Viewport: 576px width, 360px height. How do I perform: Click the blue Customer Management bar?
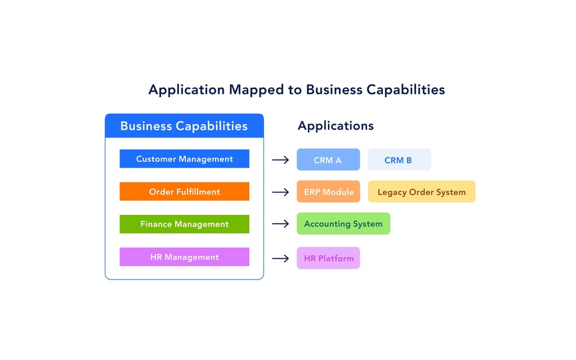click(x=184, y=159)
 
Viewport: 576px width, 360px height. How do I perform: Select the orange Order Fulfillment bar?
click(x=184, y=192)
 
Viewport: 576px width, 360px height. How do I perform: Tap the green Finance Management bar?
click(x=184, y=224)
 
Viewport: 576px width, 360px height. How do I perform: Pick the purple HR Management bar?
click(x=184, y=257)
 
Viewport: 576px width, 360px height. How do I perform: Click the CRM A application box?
click(x=328, y=160)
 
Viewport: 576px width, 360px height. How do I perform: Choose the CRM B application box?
click(x=399, y=160)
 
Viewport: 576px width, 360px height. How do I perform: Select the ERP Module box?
click(x=328, y=192)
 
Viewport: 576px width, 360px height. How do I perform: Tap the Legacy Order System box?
click(x=421, y=192)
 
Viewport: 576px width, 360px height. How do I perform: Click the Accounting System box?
click(x=343, y=224)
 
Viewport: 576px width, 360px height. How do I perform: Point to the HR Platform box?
click(x=328, y=258)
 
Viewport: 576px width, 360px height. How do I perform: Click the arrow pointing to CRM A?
click(x=280, y=160)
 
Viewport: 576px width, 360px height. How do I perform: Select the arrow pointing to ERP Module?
click(x=280, y=192)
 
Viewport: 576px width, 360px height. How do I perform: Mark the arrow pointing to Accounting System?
click(x=280, y=224)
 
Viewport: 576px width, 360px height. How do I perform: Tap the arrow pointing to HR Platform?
click(x=280, y=258)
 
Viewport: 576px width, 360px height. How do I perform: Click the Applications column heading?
click(x=336, y=126)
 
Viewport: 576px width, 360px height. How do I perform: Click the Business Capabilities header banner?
click(x=184, y=126)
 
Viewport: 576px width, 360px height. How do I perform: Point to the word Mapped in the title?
click(x=260, y=90)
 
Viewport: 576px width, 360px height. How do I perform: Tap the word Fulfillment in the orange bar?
click(x=198, y=192)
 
